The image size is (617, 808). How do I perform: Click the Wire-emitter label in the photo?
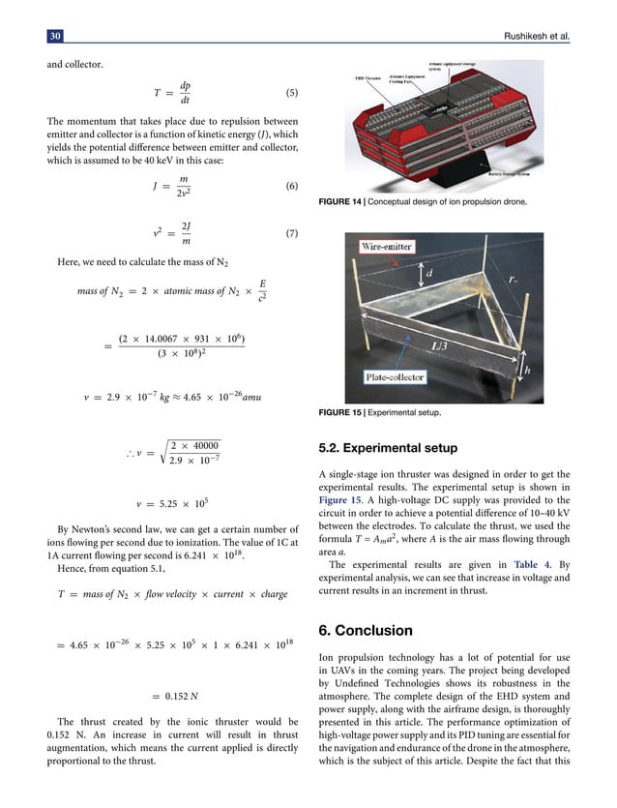point(386,247)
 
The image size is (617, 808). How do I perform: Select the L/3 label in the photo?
point(439,344)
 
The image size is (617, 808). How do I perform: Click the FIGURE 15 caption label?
point(342,412)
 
